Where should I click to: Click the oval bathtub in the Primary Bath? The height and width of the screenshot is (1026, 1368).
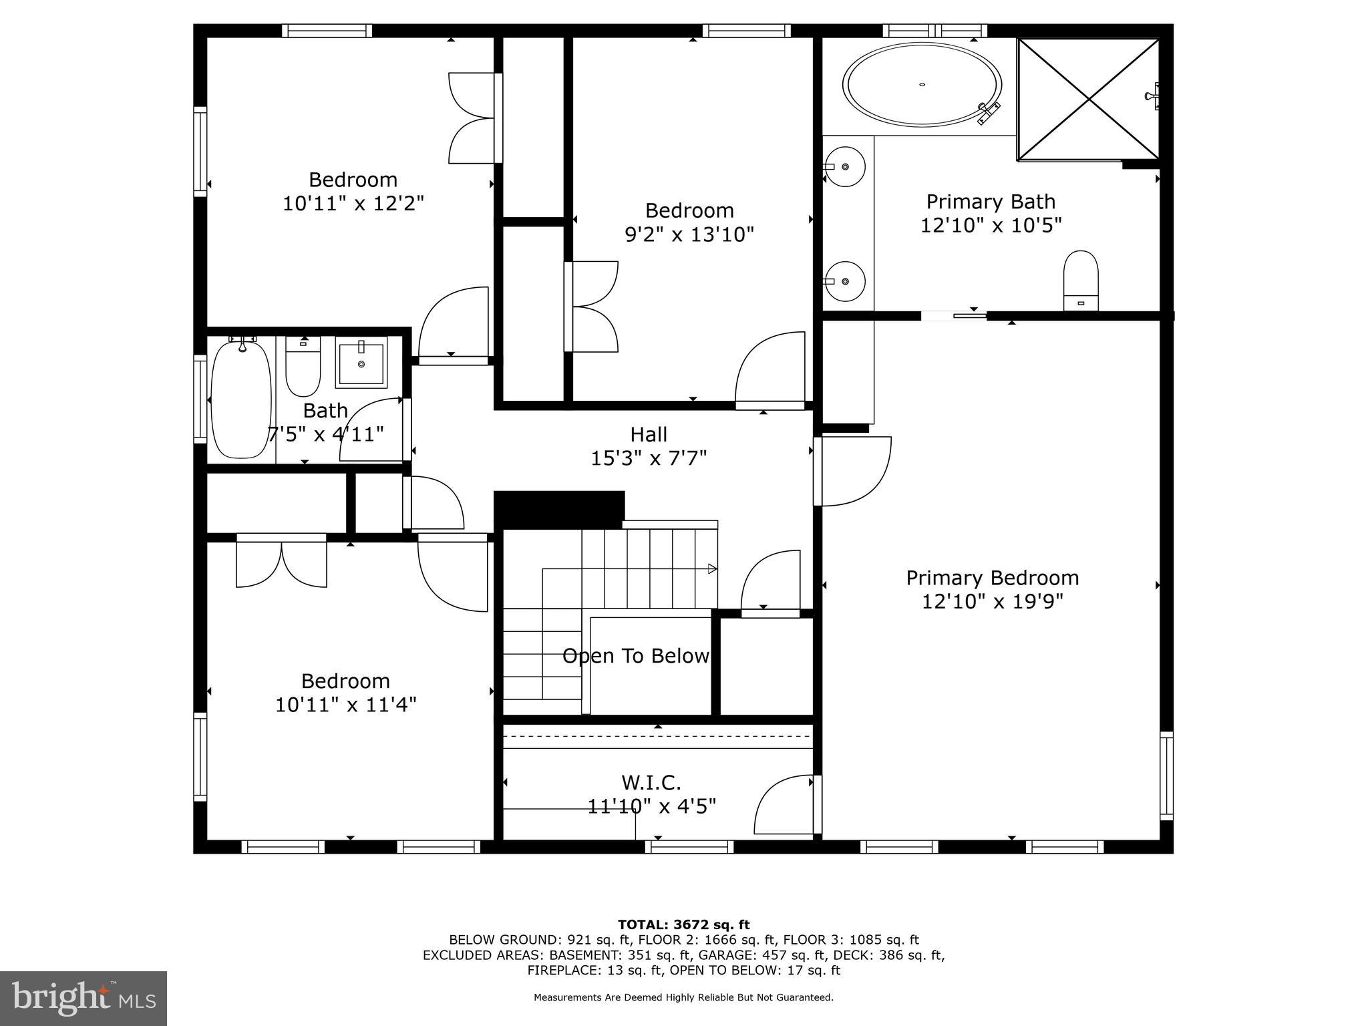point(922,85)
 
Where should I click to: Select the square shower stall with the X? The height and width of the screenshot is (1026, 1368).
point(1089,99)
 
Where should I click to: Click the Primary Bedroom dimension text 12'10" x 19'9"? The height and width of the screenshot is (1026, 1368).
point(992,602)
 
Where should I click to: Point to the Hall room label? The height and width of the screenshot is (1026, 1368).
point(649,435)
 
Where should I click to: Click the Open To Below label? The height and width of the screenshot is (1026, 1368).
point(635,656)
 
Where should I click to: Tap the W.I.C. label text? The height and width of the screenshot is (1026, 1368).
point(651,782)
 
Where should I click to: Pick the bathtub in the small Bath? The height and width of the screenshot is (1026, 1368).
point(241,399)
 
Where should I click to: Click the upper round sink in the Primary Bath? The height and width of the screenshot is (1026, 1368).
point(846,166)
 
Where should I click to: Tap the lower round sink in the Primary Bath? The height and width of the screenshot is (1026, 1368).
point(846,281)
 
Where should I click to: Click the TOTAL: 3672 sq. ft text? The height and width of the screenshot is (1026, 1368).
point(683,924)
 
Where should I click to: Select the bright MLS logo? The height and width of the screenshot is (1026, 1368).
point(83,999)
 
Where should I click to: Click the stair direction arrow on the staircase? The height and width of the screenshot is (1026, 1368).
point(712,569)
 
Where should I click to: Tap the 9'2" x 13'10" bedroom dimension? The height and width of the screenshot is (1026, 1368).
point(689,234)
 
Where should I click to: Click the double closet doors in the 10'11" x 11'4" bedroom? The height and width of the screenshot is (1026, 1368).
point(281,561)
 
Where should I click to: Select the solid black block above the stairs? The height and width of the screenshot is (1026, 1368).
point(559,510)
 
